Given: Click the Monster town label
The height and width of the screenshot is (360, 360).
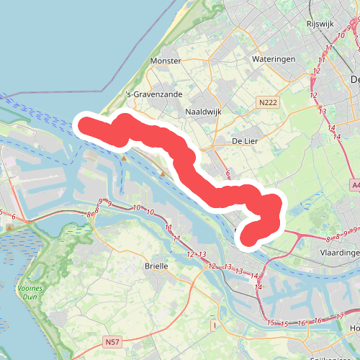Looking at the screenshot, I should tap(166, 61).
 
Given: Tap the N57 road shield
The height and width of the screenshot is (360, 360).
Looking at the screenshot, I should tap(112, 341).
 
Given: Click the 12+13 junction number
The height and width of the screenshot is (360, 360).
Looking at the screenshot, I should tap(197, 254).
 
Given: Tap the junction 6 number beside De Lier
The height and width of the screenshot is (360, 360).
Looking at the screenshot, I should tap(228, 174).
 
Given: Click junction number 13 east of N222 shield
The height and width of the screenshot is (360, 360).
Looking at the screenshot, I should tap(323, 112).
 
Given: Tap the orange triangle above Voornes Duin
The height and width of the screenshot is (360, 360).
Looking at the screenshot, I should tap(9, 228).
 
